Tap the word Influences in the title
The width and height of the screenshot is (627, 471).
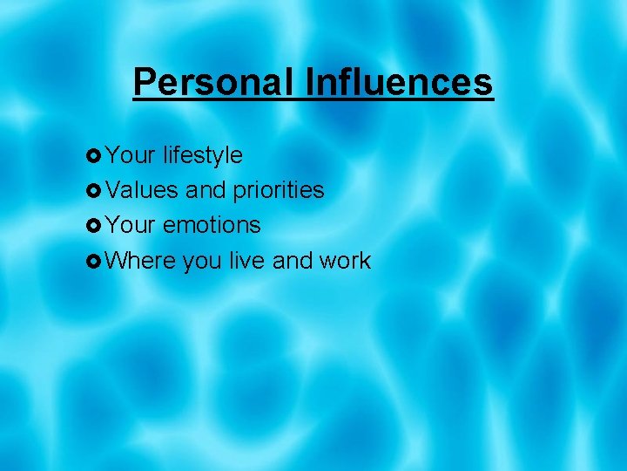[x=399, y=83]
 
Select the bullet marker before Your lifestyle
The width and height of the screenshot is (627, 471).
[x=95, y=156]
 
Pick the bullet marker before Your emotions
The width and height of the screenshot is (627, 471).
[x=95, y=226]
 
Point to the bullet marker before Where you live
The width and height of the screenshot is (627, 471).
[x=95, y=261]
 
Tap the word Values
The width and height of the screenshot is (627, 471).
[x=143, y=190]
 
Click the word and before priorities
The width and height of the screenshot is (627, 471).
[x=206, y=190]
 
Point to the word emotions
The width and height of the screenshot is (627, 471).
[x=212, y=225]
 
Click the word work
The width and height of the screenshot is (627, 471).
[x=345, y=260]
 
